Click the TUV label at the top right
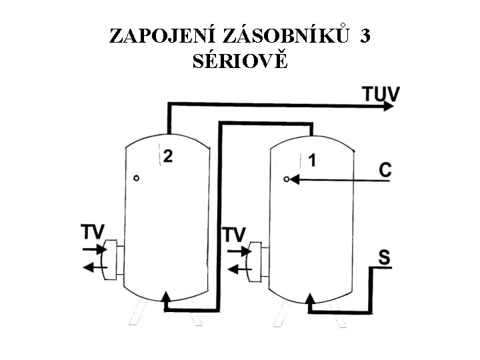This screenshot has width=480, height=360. (x=381, y=93)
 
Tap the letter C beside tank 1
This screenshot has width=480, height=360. (x=385, y=170)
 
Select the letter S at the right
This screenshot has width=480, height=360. (x=385, y=257)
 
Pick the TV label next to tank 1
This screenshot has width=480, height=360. (x=234, y=234)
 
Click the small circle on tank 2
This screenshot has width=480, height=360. (x=136, y=178)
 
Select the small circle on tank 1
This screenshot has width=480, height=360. (x=286, y=179)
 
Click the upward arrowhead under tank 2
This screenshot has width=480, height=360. (x=165, y=297)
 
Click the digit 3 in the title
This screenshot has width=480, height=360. (x=365, y=36)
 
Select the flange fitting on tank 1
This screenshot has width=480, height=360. (x=258, y=261)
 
